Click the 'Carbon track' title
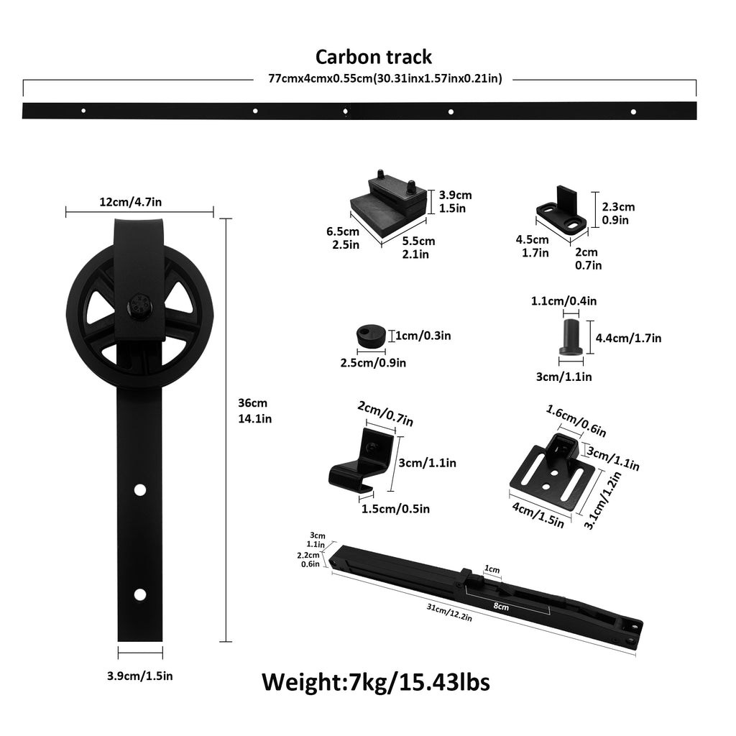point(374,57)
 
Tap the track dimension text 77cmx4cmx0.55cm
point(385,79)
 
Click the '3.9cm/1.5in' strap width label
point(139,675)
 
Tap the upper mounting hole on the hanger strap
point(139,489)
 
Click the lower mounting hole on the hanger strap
point(139,594)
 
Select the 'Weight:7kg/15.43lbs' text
point(375,681)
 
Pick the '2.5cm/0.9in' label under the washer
point(373,363)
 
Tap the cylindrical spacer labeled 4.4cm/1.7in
point(570,336)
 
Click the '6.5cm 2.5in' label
point(342,238)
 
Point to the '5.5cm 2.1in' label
point(418,247)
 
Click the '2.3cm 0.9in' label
point(618,213)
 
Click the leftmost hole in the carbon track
point(83,111)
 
